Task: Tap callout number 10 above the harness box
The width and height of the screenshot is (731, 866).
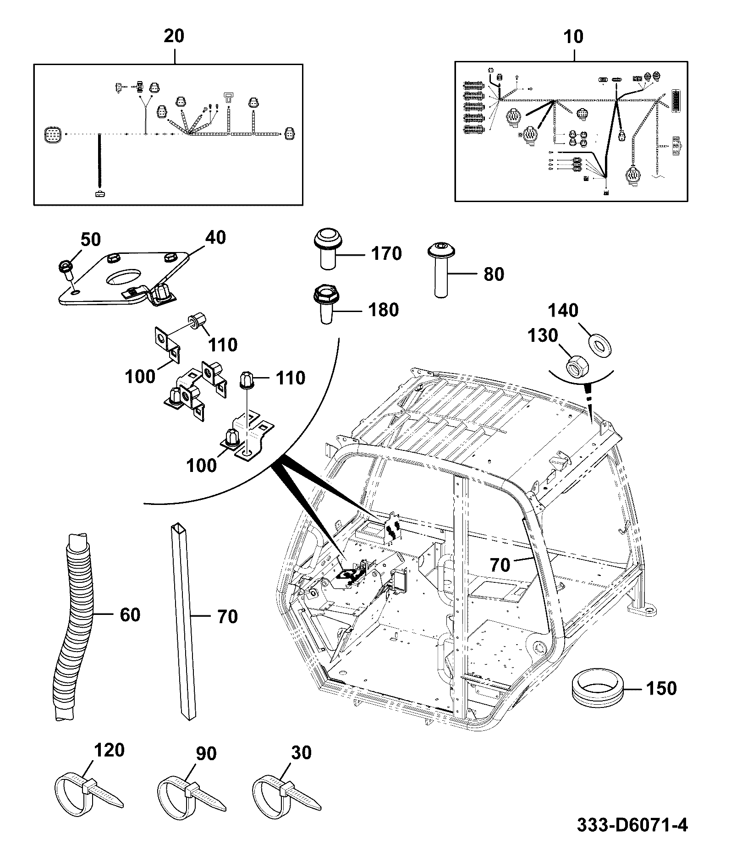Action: [x=573, y=36]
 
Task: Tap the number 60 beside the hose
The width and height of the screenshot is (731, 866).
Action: [x=130, y=614]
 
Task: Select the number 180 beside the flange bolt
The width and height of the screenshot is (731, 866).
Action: [x=383, y=310]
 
